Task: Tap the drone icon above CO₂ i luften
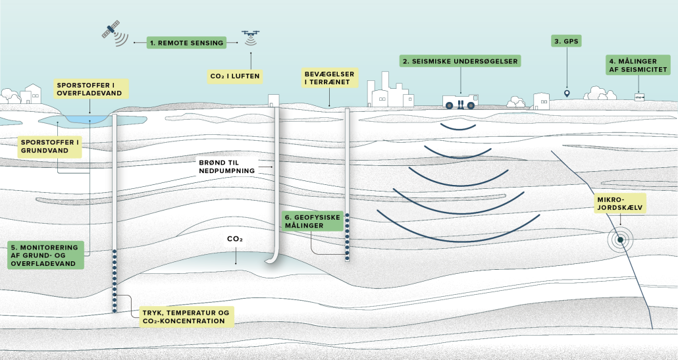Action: [x=250, y=34]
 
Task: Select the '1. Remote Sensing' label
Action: [x=186, y=42]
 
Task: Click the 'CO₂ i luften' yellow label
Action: [x=235, y=76]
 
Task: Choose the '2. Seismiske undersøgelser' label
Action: [x=460, y=61]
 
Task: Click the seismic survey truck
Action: [x=460, y=101]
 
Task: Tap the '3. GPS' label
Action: [x=566, y=41]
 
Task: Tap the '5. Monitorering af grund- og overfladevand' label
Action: [x=47, y=255]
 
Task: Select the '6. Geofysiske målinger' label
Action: [x=313, y=220]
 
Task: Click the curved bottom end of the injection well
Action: [x=271, y=261]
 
